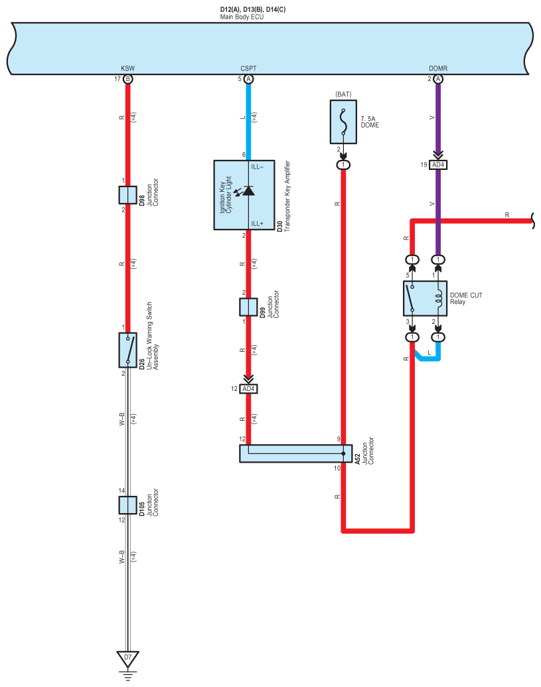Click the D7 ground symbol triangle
pyautogui.click(x=127, y=659)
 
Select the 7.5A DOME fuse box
pyautogui.click(x=343, y=121)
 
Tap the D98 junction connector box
pyautogui.click(x=127, y=194)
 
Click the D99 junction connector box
pyautogui.click(x=248, y=307)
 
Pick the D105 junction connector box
pyautogui.click(x=127, y=504)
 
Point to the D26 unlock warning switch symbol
pyautogui.click(x=127, y=349)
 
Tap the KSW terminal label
pyautogui.click(x=127, y=68)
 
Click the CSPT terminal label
pyautogui.click(x=248, y=68)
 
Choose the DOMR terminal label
pyautogui.click(x=438, y=68)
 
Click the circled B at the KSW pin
pyautogui.click(x=127, y=79)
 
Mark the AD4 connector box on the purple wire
pyautogui.click(x=438, y=165)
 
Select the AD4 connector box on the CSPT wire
pyautogui.click(x=248, y=389)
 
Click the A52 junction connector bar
pyautogui.click(x=295, y=453)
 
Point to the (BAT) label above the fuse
pyautogui.click(x=343, y=94)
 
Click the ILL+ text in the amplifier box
pyautogui.click(x=258, y=224)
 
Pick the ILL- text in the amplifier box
pyautogui.click(x=258, y=167)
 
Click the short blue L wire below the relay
pyautogui.click(x=429, y=358)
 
